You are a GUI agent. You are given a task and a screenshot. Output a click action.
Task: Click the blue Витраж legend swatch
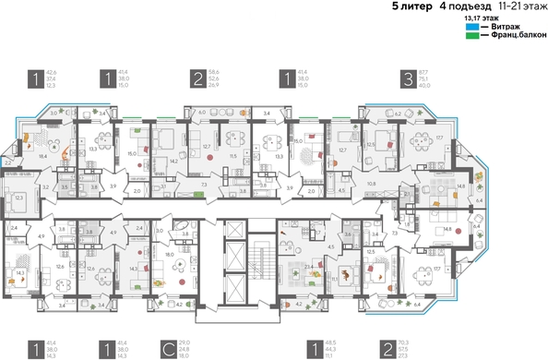click(x=471, y=27)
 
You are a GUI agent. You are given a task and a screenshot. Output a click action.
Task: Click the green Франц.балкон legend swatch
click(x=471, y=36)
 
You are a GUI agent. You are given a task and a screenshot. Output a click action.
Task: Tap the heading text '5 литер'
click(x=409, y=6)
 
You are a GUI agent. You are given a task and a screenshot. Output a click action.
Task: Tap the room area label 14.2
click(x=173, y=161)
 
